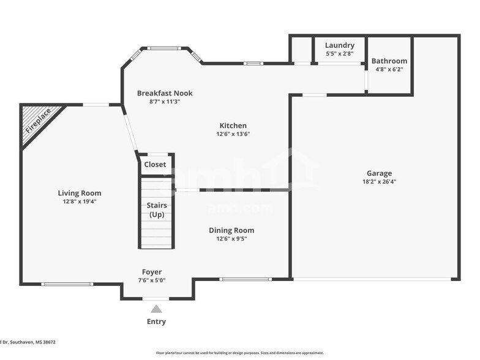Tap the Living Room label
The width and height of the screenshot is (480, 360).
80,193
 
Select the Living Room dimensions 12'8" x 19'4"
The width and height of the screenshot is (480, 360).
80,201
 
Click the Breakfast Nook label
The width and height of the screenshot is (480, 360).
165,93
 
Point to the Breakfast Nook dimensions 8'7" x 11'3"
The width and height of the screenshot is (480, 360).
165,102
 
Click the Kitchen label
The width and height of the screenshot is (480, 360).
233,125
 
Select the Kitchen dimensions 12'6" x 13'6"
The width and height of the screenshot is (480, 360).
233,133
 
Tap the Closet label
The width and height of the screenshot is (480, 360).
155,165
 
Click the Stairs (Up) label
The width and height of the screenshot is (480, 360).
157,210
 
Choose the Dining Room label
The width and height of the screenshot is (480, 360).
231,230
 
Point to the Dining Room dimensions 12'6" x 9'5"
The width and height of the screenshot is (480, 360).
231,239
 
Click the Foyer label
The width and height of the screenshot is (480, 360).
152,272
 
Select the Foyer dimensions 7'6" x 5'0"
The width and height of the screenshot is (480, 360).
152,280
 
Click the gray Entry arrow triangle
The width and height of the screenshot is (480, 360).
157,309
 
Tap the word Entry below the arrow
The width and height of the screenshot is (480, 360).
156,321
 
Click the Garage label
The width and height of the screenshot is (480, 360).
379,173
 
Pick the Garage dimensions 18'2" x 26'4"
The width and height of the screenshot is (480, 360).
379,182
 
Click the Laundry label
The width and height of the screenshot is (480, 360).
339,45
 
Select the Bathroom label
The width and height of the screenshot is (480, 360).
389,61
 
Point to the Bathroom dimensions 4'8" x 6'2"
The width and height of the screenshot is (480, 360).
389,70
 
